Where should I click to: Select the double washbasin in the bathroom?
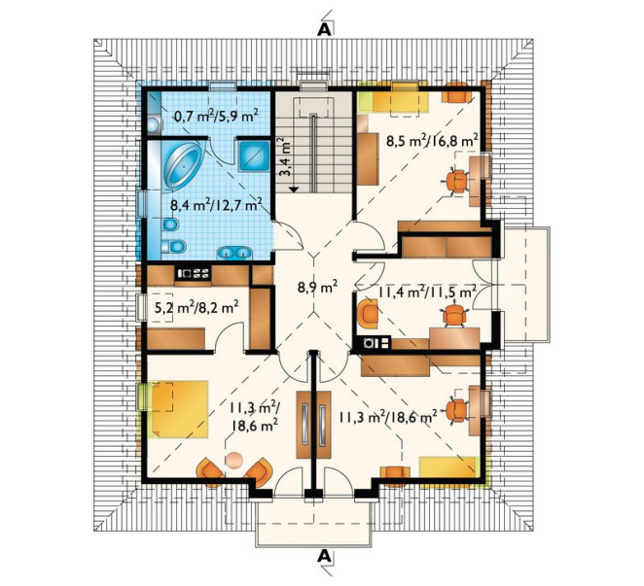click(x=234, y=253)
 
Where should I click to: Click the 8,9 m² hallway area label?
click(x=317, y=287)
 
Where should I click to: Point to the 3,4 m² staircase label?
click(x=286, y=157)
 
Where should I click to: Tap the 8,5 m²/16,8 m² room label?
click(x=432, y=141)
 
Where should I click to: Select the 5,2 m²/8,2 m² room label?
click(x=197, y=307)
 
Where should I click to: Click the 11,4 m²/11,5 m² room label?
click(x=427, y=293)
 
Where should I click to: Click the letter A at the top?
click(x=324, y=29)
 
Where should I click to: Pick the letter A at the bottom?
click(x=324, y=556)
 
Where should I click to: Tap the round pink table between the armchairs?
click(x=234, y=460)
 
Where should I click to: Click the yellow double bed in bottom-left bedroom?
click(x=179, y=409)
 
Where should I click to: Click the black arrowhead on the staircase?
click(x=293, y=190)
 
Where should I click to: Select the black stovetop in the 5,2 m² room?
click(x=193, y=273)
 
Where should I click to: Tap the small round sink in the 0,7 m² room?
click(x=154, y=124)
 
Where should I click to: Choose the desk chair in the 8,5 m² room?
click(x=456, y=181)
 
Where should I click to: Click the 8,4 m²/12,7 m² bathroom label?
click(x=216, y=205)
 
